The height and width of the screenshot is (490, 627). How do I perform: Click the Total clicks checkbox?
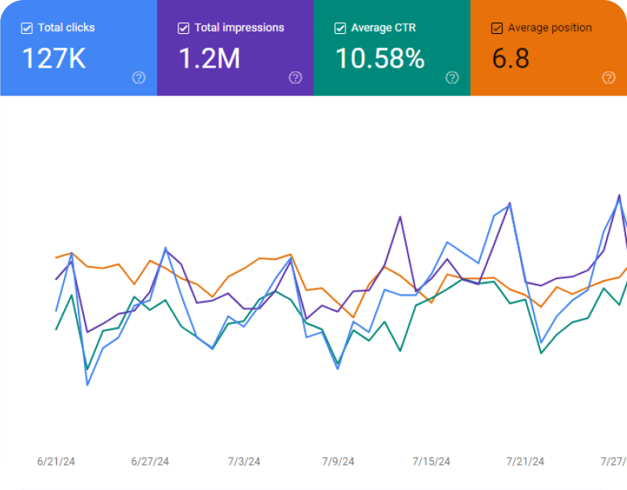[27, 28]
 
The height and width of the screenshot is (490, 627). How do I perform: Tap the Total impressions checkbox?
[183, 28]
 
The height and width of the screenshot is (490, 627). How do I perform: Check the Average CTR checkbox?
[340, 28]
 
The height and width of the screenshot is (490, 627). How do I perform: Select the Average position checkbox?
[497, 28]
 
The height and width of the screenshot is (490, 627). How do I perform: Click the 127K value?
[53, 58]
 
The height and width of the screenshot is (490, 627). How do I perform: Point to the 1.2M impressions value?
[210, 58]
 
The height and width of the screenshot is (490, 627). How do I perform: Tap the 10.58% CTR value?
[380, 58]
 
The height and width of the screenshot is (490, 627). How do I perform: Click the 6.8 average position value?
[511, 58]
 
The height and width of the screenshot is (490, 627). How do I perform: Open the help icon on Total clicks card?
[138, 77]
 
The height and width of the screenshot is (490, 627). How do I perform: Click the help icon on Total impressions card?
[295, 77]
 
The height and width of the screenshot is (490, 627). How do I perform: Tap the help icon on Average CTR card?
[452, 77]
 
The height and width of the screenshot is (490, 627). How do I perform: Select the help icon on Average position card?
[609, 77]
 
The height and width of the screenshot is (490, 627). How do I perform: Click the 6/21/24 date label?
[56, 462]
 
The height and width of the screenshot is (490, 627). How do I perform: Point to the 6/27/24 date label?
[150, 462]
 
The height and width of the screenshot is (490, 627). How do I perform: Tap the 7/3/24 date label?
[244, 462]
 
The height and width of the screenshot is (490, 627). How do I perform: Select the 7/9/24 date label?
[338, 462]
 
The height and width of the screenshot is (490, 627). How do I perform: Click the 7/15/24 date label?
[432, 462]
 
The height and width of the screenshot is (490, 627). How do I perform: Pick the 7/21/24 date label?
[525, 462]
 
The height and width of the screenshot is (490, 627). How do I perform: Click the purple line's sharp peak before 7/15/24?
[400, 217]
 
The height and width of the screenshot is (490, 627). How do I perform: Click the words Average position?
[550, 28]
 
